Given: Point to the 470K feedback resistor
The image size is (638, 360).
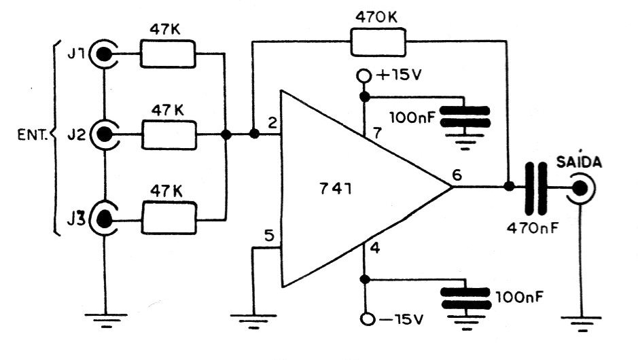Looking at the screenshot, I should point(378,42).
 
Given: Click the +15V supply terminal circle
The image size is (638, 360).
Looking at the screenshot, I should point(364,75).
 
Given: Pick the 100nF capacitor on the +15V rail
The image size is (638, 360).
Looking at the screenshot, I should point(465,116).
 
